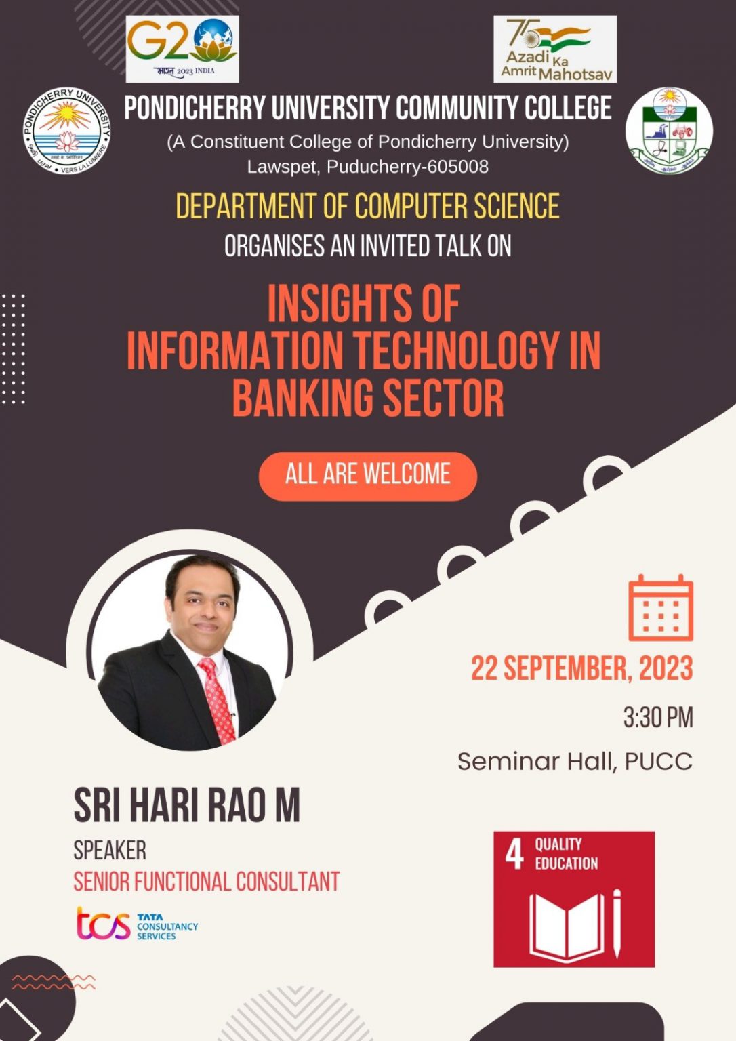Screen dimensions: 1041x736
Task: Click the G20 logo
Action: [182, 48]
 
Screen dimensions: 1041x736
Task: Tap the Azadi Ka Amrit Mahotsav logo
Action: [554, 49]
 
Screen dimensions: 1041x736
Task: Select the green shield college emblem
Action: [669, 131]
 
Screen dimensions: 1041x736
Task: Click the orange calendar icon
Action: [660, 608]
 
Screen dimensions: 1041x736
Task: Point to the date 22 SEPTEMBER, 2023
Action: [581, 668]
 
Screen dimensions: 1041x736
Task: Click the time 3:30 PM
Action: [657, 717]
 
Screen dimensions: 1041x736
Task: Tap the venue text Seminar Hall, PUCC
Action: [575, 761]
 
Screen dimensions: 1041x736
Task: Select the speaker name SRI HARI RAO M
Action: [186, 805]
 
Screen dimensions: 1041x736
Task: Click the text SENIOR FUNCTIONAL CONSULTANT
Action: [206, 882]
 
